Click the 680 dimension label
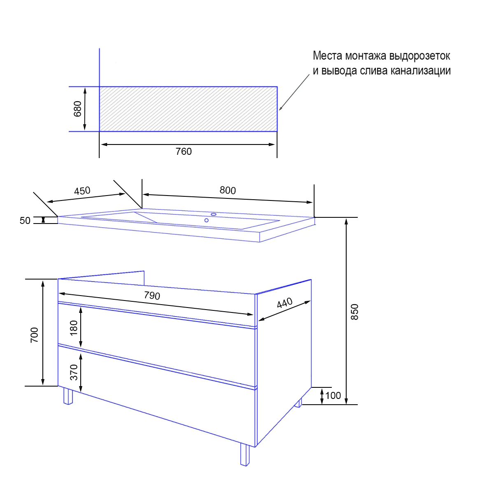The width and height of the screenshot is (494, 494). click(77, 109)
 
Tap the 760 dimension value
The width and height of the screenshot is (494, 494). click(184, 151)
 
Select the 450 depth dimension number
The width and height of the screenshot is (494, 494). click(82, 191)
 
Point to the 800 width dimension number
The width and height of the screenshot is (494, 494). click(228, 190)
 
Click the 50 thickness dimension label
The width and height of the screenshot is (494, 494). click(25, 221)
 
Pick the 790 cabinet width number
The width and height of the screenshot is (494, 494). click(152, 296)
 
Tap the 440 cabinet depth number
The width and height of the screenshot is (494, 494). click(284, 303)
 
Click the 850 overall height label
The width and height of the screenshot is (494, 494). click(354, 312)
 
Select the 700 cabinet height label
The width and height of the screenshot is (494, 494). click(34, 335)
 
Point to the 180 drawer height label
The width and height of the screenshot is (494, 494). click(74, 328)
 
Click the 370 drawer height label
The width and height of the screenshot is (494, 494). click(74, 372)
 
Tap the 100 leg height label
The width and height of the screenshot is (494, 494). click(333, 396)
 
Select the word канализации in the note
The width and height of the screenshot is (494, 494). click(420, 70)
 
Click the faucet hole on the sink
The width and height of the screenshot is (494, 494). click(214, 214)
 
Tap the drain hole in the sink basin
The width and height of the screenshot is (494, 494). click(206, 220)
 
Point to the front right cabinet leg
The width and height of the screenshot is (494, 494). click(245, 455)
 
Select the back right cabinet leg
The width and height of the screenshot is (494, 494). click(298, 403)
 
